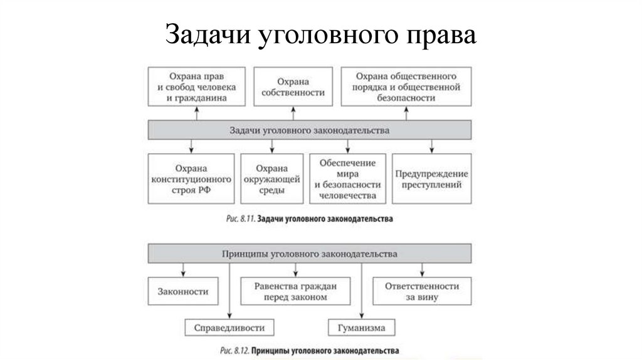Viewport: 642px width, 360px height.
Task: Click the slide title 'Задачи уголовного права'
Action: [x=320, y=35]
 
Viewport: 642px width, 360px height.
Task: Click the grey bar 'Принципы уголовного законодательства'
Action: [x=310, y=254]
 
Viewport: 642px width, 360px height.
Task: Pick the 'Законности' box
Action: [x=183, y=292]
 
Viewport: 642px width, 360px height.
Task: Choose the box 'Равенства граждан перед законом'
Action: [x=296, y=292]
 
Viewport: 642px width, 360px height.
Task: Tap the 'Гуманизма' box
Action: [x=362, y=327]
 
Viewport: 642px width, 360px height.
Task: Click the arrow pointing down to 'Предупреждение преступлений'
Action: [x=432, y=146]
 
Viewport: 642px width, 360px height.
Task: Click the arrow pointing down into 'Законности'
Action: [x=182, y=270]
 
